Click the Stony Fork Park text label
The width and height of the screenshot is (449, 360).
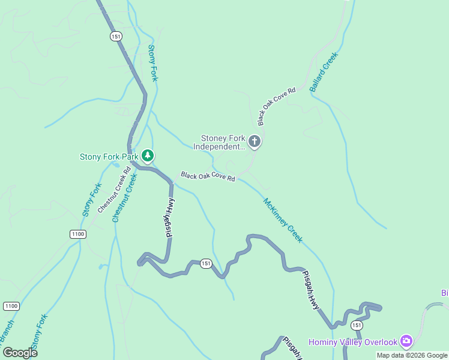pyautogui.click(x=109, y=157)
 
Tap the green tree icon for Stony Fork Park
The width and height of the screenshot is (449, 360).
pyautogui.click(x=148, y=157)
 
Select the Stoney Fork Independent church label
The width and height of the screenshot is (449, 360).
pyautogui.click(x=219, y=142)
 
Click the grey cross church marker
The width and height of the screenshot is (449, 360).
pyautogui.click(x=255, y=142)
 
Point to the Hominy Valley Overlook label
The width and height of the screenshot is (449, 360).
pyautogui.click(x=353, y=342)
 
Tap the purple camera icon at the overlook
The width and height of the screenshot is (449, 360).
pyautogui.click(x=406, y=341)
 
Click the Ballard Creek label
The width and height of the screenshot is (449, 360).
pyautogui.click(x=324, y=72)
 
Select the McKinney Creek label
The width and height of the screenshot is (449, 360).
pyautogui.click(x=283, y=220)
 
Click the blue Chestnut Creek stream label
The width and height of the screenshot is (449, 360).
pyautogui.click(x=125, y=198)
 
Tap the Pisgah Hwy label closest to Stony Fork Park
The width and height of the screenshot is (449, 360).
pyautogui.click(x=170, y=218)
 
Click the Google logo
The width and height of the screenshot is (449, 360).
pyautogui.click(x=20, y=352)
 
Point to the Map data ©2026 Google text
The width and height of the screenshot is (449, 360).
pyautogui.click(x=412, y=355)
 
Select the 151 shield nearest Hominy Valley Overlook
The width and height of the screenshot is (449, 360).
pyautogui.click(x=357, y=325)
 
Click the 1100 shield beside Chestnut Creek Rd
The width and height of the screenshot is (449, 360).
pyautogui.click(x=77, y=234)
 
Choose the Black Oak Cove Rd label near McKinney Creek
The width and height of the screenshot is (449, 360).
pyautogui.click(x=208, y=177)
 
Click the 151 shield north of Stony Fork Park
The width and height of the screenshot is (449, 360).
pyautogui.click(x=116, y=37)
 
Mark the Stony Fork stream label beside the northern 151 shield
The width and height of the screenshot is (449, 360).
pyautogui.click(x=153, y=63)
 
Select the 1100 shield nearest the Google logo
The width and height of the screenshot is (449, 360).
pyautogui.click(x=11, y=306)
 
